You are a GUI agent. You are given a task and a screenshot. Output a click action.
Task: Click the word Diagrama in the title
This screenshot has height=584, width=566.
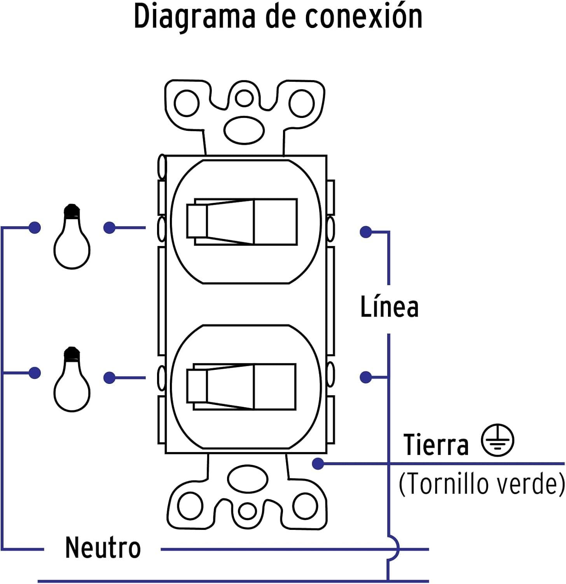coord(194,17)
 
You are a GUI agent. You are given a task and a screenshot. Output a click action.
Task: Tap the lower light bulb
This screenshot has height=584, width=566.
coord(72,380)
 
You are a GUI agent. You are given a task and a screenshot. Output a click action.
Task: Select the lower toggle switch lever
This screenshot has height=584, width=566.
coord(241,387)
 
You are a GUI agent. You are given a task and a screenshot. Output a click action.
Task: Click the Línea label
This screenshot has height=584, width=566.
coord(390,308)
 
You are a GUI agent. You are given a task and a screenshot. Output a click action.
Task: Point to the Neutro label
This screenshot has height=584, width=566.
coord(103,548)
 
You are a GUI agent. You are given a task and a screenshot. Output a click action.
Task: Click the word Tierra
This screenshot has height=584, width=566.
coord(436,445)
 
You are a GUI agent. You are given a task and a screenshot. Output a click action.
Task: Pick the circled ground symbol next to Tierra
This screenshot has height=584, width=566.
coord(497,440)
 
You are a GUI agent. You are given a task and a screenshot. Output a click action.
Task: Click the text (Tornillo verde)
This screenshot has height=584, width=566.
coord(482,484)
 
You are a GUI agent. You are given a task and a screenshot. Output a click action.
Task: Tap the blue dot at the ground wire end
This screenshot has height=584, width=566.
coord(318,463)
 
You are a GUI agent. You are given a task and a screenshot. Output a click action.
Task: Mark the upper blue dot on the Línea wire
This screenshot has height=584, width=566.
coord(365,232)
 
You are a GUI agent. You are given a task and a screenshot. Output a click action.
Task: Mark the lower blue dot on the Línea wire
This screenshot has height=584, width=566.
coord(365,377)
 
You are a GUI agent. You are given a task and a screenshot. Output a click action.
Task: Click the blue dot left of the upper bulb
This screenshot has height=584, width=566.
coord(35,227)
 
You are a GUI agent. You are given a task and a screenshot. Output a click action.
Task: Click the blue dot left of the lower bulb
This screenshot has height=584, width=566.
coord(35,373)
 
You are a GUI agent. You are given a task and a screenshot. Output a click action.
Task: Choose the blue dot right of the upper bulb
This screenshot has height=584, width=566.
coord(110,227)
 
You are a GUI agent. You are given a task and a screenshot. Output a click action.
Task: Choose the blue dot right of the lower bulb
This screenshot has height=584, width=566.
coord(110,377)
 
